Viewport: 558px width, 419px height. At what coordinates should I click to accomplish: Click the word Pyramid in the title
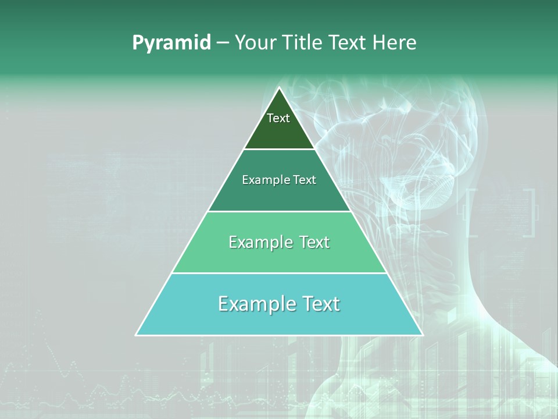click(x=171, y=43)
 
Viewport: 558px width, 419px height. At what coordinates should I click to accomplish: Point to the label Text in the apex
click(x=278, y=118)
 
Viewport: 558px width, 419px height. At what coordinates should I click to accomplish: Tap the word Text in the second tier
click(x=305, y=180)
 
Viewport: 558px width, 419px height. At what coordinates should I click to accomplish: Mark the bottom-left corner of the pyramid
click(x=137, y=335)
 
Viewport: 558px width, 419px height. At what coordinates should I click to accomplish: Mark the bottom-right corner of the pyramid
click(x=422, y=335)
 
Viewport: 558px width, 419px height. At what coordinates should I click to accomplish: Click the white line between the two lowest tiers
click(x=279, y=273)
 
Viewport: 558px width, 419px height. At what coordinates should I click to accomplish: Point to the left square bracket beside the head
click(x=471, y=212)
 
